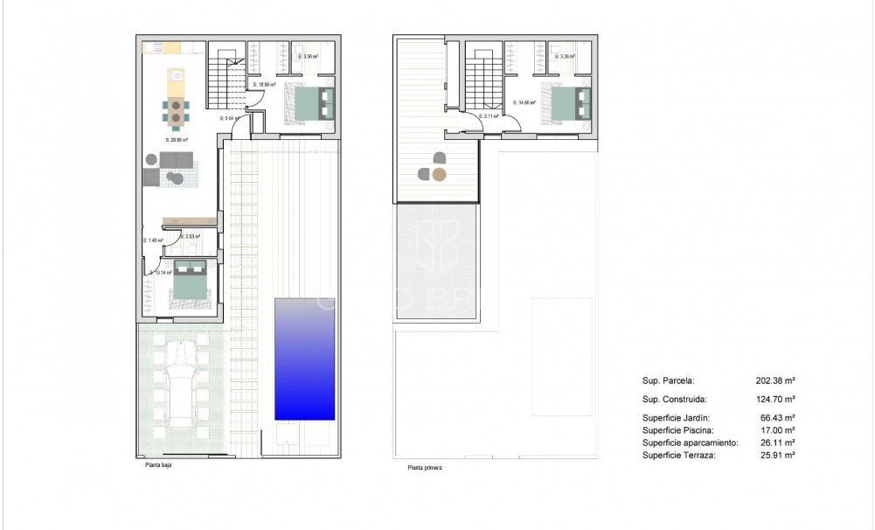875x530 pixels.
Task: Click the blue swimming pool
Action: [x=304, y=359]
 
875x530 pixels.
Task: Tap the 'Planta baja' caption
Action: [x=158, y=466]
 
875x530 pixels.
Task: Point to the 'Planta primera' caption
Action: [x=424, y=469]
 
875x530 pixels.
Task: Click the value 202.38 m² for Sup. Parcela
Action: [x=774, y=381]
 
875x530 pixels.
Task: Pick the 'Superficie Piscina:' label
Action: [x=677, y=430]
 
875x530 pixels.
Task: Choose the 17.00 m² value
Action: [x=774, y=430]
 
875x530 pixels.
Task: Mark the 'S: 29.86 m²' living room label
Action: [x=177, y=139]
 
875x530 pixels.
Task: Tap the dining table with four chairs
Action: [x=176, y=111]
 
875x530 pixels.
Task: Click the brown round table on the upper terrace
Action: [x=440, y=174]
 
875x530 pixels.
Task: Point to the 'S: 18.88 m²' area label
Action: [x=266, y=85]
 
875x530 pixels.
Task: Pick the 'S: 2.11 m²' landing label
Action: [x=489, y=115]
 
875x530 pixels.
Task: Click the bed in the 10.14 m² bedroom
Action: [x=189, y=281]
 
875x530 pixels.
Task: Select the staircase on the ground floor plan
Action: [x=226, y=80]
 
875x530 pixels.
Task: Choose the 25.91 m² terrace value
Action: [x=774, y=455]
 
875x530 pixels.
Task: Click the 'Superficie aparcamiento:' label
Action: [x=690, y=443]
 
